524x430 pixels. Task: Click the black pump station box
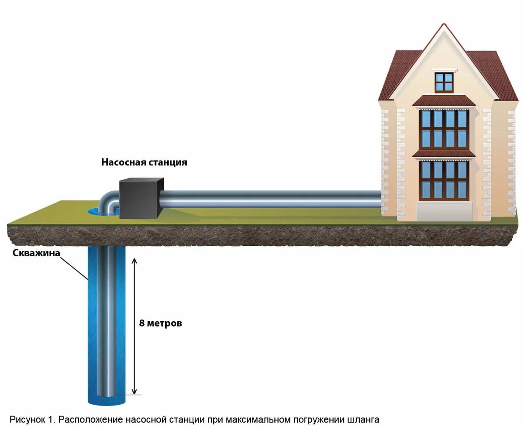click(139, 199)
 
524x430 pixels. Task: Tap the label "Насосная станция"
click(144, 162)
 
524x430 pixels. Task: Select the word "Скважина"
click(36, 253)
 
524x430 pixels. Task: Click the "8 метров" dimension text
click(160, 323)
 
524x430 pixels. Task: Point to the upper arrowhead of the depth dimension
click(134, 261)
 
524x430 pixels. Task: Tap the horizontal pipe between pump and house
click(271, 198)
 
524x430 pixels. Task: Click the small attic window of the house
click(444, 82)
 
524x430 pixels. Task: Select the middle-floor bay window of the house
click(444, 128)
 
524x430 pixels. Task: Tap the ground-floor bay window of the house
click(444, 180)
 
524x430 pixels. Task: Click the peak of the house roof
click(444, 25)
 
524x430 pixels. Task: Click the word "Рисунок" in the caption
click(28, 420)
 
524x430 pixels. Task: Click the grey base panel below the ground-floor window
click(444, 212)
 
